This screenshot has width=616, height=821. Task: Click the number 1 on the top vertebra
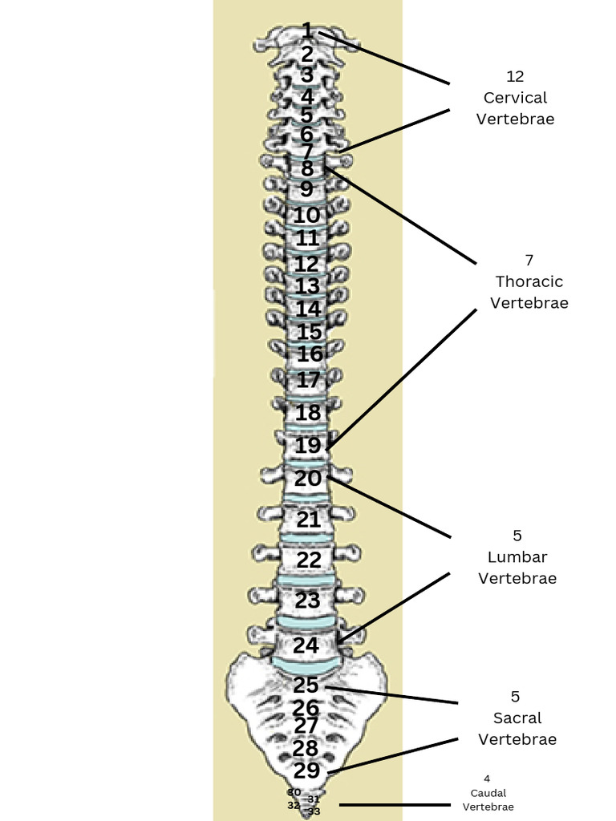[x=307, y=31]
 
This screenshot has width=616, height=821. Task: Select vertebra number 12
[x=306, y=264]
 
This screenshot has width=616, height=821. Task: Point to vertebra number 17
[x=308, y=380]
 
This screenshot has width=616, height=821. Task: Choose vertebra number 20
[x=308, y=479]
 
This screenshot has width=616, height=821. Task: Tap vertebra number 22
[x=309, y=560]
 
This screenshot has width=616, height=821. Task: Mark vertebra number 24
[x=306, y=645]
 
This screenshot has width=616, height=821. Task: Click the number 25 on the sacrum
[x=306, y=686]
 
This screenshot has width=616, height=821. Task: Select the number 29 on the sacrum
[x=306, y=770]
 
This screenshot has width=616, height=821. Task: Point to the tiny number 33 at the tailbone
[x=314, y=811]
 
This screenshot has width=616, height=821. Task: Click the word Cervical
[x=515, y=98]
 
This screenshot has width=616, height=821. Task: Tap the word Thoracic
[x=529, y=281]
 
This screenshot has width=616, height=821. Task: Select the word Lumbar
[x=517, y=556]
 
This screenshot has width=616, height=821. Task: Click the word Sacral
[x=517, y=718]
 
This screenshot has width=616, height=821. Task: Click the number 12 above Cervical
[x=515, y=76]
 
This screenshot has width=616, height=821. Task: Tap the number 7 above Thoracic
[x=529, y=260]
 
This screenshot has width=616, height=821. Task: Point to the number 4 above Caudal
[x=487, y=779]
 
